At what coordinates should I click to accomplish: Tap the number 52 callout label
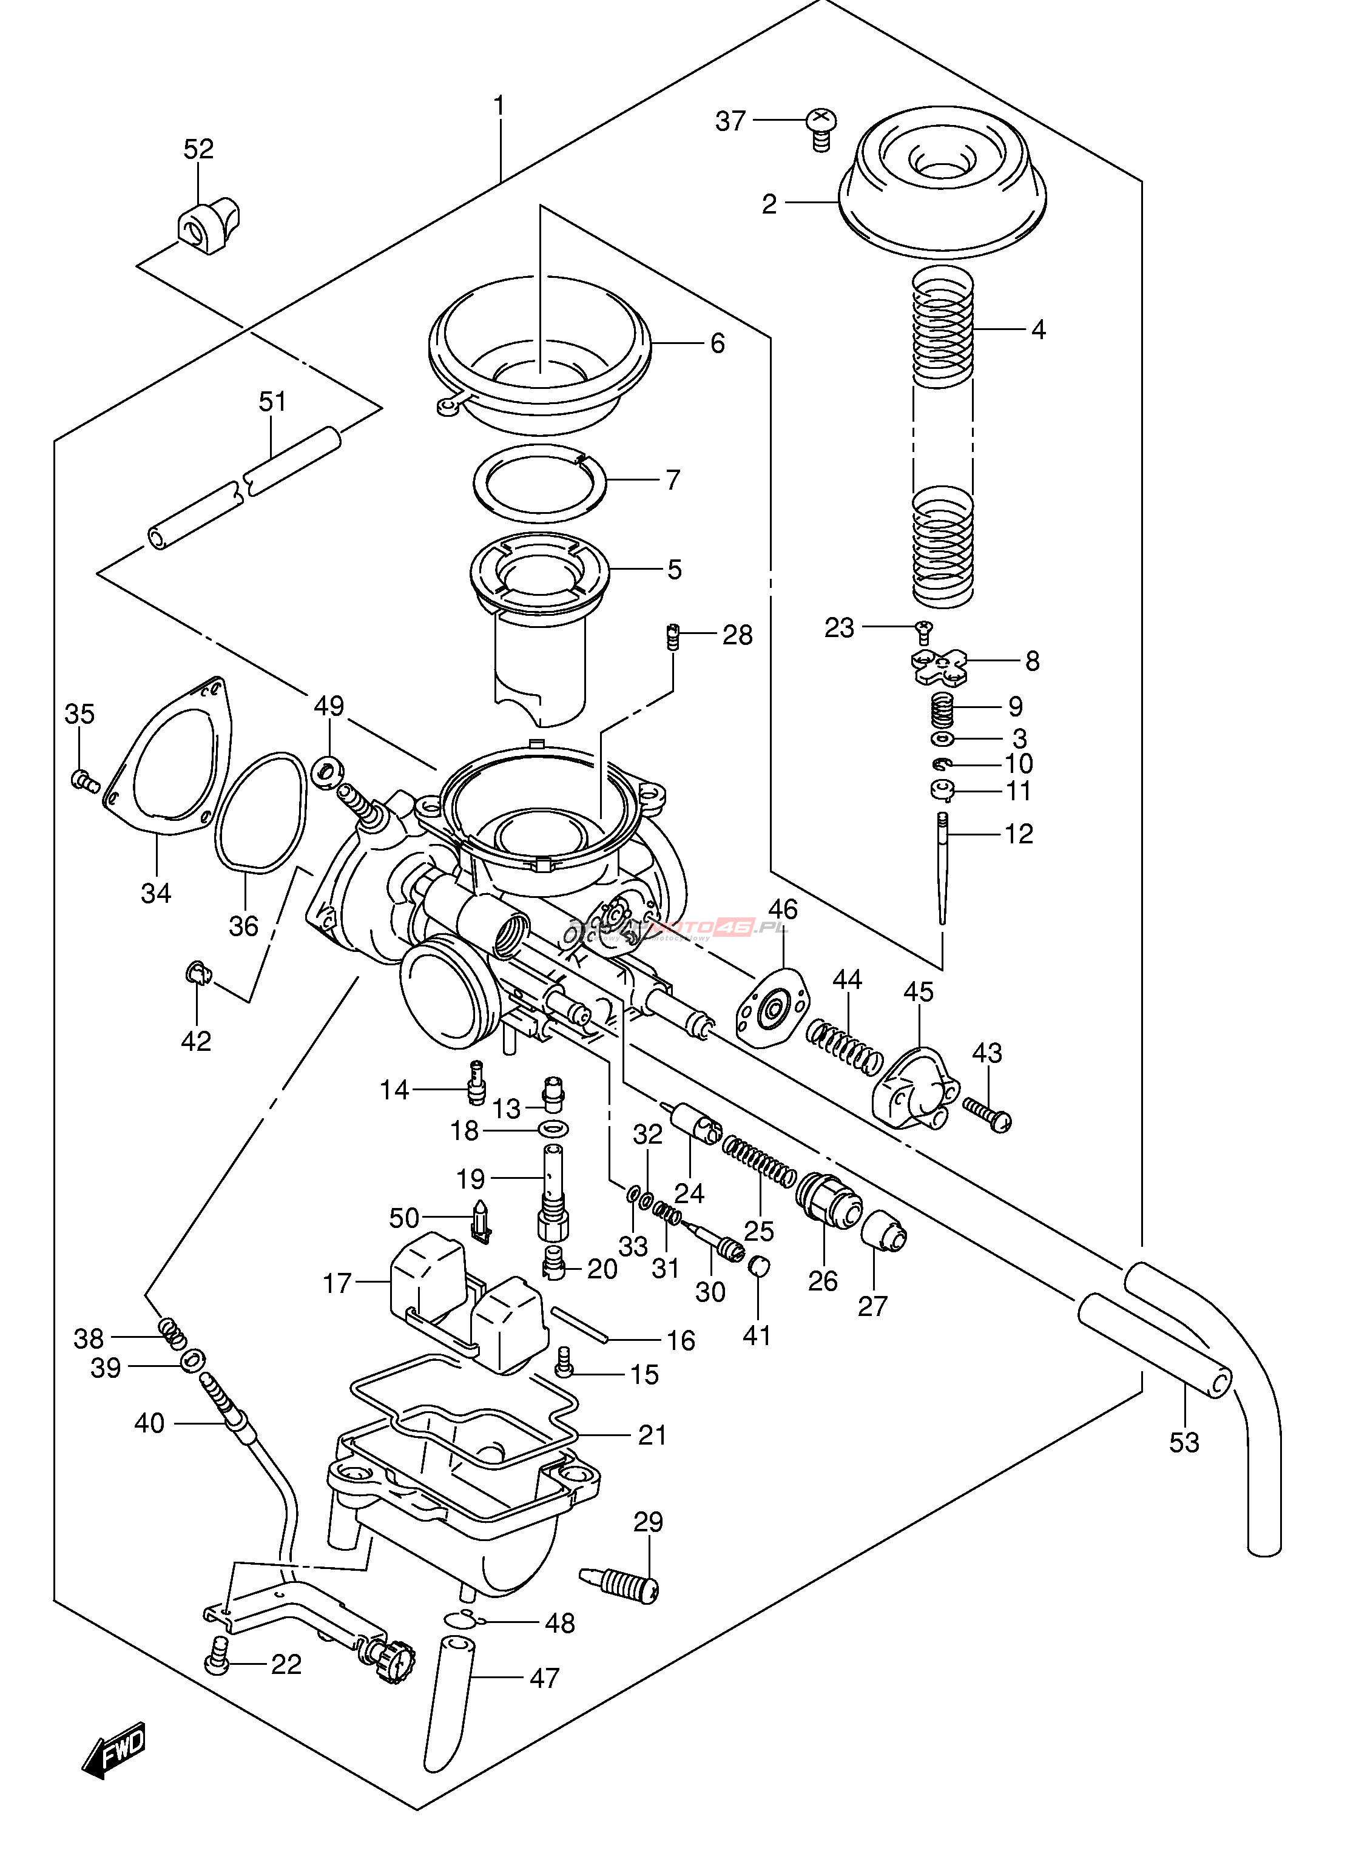click(198, 149)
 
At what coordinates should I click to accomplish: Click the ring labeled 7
click(539, 483)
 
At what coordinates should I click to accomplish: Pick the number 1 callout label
click(499, 106)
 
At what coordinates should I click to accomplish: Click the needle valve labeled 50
click(481, 1220)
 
